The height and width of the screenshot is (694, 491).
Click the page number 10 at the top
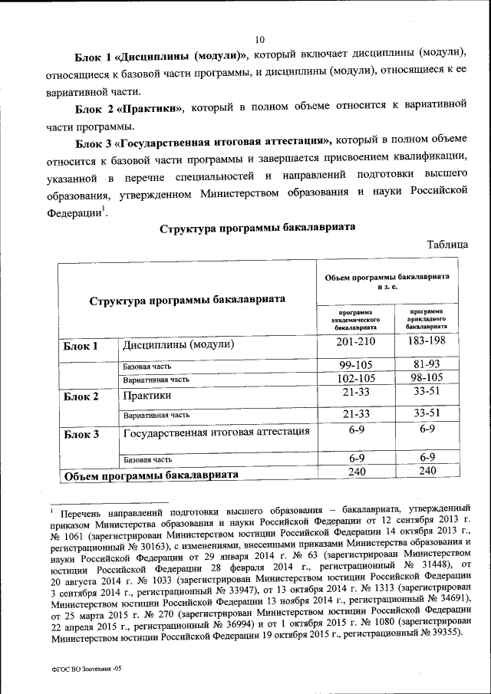coord(259,39)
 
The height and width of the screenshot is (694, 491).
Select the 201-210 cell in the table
coord(355,341)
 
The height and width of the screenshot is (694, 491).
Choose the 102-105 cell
coord(355,379)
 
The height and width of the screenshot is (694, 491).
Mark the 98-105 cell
coord(428,379)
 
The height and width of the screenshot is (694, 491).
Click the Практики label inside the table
coord(147,396)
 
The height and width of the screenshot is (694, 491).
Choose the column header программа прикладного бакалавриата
coord(427,319)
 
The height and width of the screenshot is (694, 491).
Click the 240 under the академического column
coord(355,471)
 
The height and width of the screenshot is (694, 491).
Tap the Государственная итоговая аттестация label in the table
coord(216,432)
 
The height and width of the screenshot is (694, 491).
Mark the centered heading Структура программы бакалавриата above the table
coord(257,229)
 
